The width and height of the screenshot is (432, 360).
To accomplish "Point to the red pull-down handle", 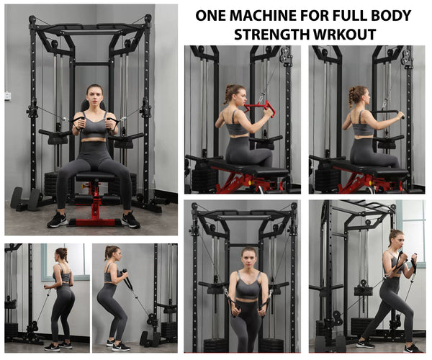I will (260, 107).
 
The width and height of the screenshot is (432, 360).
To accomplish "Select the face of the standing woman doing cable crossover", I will (249, 256).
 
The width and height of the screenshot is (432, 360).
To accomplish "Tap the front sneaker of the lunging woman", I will (413, 348).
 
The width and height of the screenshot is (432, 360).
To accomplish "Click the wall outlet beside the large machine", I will (7, 95).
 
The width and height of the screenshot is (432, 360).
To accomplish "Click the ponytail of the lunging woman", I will (389, 241).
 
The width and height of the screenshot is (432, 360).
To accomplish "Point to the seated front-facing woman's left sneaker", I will (130, 220).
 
